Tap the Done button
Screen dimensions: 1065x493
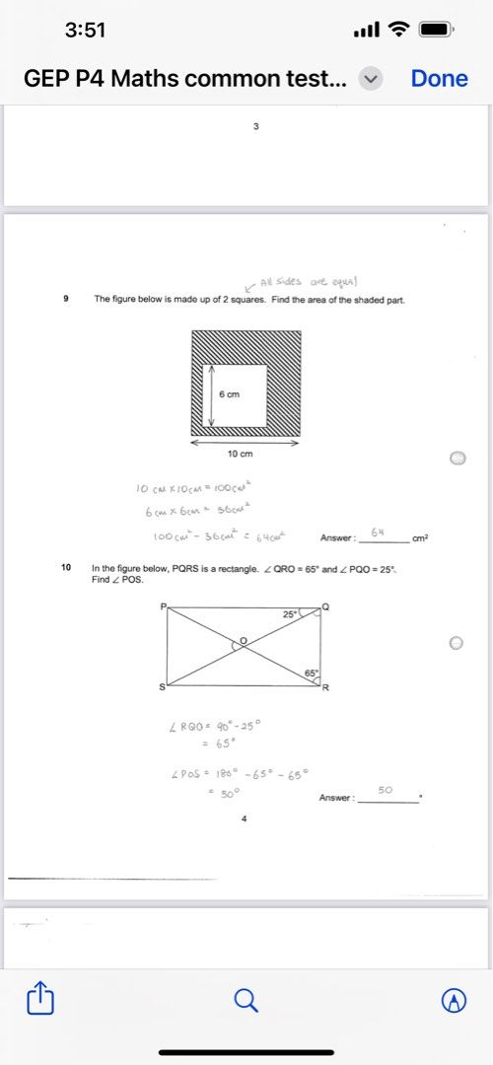[439, 79]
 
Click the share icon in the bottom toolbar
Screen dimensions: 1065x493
[39, 1000]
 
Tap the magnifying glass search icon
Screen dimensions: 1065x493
[246, 1000]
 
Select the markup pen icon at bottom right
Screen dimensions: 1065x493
[453, 1000]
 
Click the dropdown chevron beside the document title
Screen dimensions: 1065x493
[371, 80]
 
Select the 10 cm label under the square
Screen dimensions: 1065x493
[241, 454]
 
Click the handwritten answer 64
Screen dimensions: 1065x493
[377, 532]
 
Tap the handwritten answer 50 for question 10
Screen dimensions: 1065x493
[385, 791]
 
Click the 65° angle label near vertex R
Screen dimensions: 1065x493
[311, 673]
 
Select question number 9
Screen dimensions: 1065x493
[65, 298]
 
